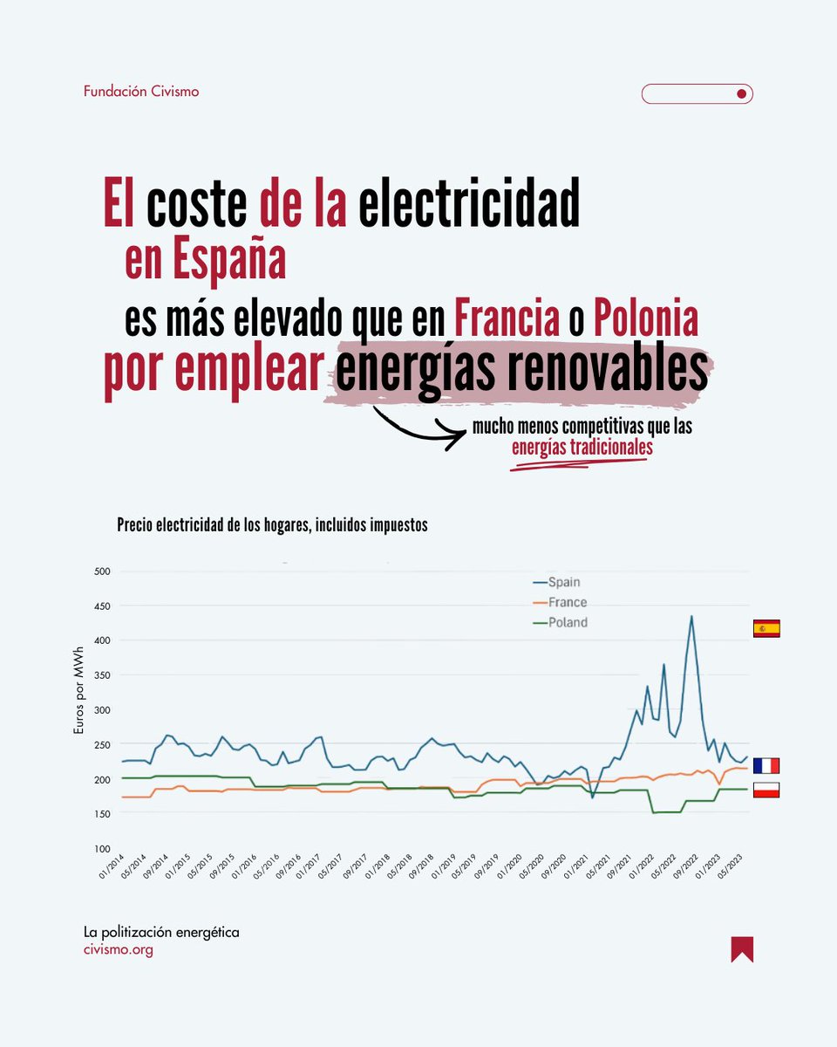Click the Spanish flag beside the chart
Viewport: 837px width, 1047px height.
pos(766,628)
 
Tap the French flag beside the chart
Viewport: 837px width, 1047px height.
pos(766,766)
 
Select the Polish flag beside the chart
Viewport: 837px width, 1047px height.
pos(766,790)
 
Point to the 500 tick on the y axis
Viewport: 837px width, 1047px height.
pos(103,571)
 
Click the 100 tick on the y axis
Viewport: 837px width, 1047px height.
pos(103,848)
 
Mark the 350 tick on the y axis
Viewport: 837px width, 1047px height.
pos(103,675)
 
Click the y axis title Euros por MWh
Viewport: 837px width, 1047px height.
pos(78,709)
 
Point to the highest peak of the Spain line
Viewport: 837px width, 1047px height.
pos(691,616)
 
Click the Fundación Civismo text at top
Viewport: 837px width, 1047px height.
pos(141,91)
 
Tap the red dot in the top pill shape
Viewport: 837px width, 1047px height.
pos(740,93)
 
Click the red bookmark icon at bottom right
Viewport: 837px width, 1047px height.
pos(742,949)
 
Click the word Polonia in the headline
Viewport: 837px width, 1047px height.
pos(646,321)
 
